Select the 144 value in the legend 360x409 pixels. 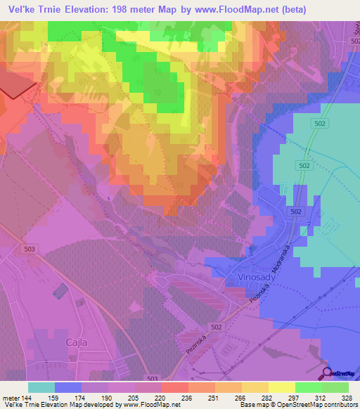click(20, 398)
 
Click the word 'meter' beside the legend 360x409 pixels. click(7, 398)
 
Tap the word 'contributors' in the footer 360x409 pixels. click(340, 405)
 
